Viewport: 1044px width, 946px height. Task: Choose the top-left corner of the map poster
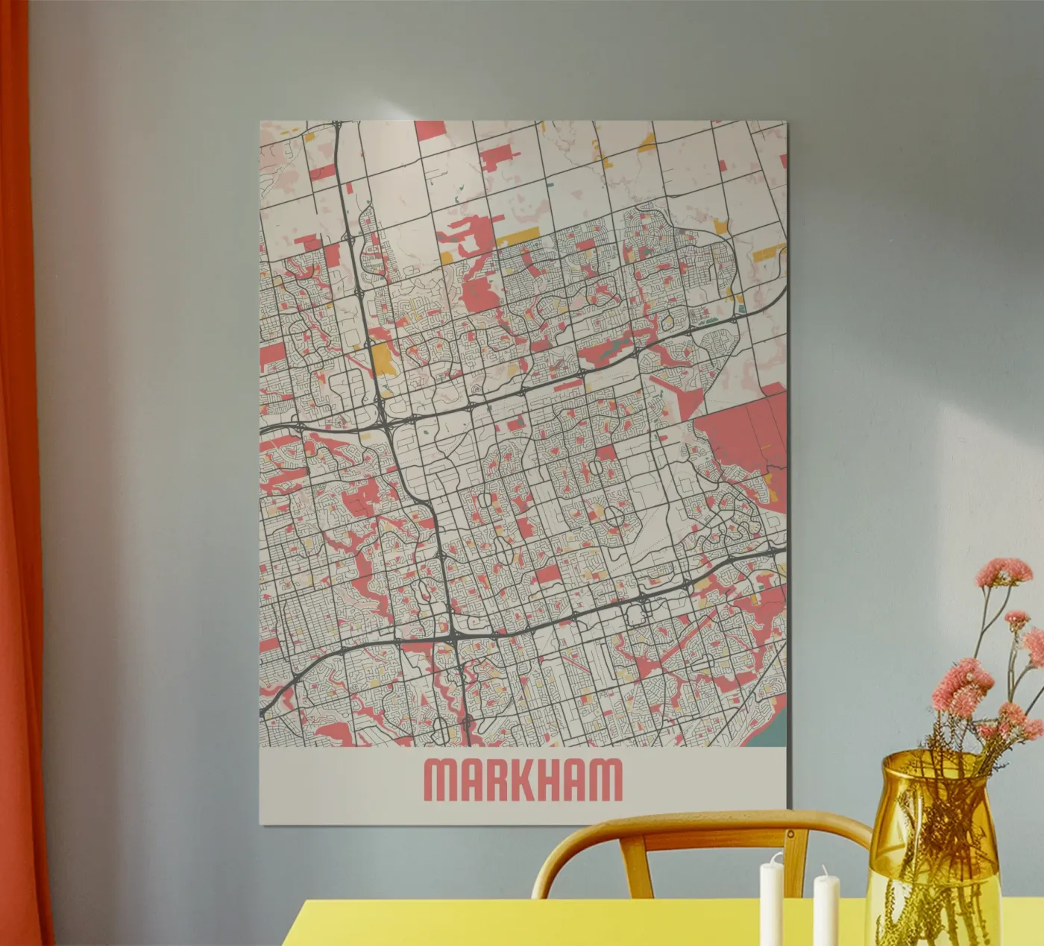click(261, 122)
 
